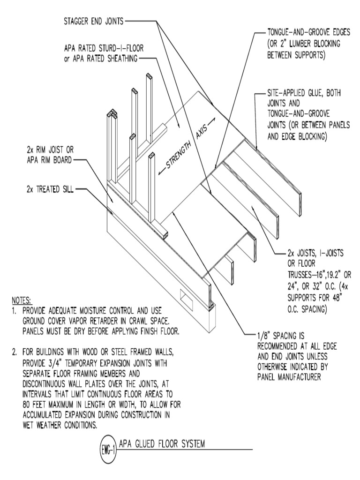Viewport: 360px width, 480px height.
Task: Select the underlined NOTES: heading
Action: point(21,300)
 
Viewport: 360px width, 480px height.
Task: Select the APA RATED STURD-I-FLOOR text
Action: point(100,49)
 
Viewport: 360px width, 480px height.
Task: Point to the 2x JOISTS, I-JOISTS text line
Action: point(315,254)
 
